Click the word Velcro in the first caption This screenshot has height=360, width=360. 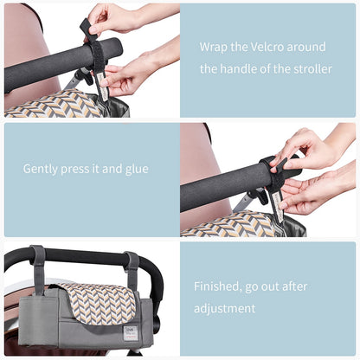coord(270,47)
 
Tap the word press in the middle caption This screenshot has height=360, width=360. coord(82,168)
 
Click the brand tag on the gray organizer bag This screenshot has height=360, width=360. coord(131,332)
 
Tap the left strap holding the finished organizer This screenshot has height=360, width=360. coord(38,265)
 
